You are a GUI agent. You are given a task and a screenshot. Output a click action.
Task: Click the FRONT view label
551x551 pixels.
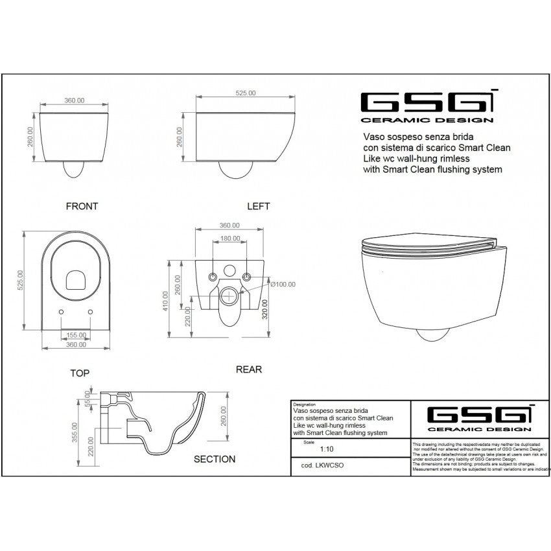(x=82, y=206)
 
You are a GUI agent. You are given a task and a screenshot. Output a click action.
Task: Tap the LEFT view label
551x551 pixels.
(x=258, y=206)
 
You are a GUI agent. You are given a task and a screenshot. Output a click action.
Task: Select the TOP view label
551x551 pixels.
(x=79, y=373)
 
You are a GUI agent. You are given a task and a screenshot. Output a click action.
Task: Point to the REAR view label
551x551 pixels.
(x=248, y=369)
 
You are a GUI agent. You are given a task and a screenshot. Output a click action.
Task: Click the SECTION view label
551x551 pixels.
(x=215, y=459)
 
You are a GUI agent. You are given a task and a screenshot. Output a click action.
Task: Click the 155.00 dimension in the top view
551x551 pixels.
(x=75, y=336)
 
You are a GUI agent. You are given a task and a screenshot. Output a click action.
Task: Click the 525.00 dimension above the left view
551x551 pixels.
(x=244, y=93)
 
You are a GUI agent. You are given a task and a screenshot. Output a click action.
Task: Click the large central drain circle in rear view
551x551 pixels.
(x=228, y=298)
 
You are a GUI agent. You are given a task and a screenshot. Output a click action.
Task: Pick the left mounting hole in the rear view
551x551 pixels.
(x=211, y=277)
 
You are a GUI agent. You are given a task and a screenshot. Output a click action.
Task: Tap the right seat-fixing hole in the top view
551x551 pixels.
(x=89, y=312)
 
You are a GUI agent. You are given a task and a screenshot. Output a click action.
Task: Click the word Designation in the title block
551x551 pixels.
(x=305, y=403)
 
